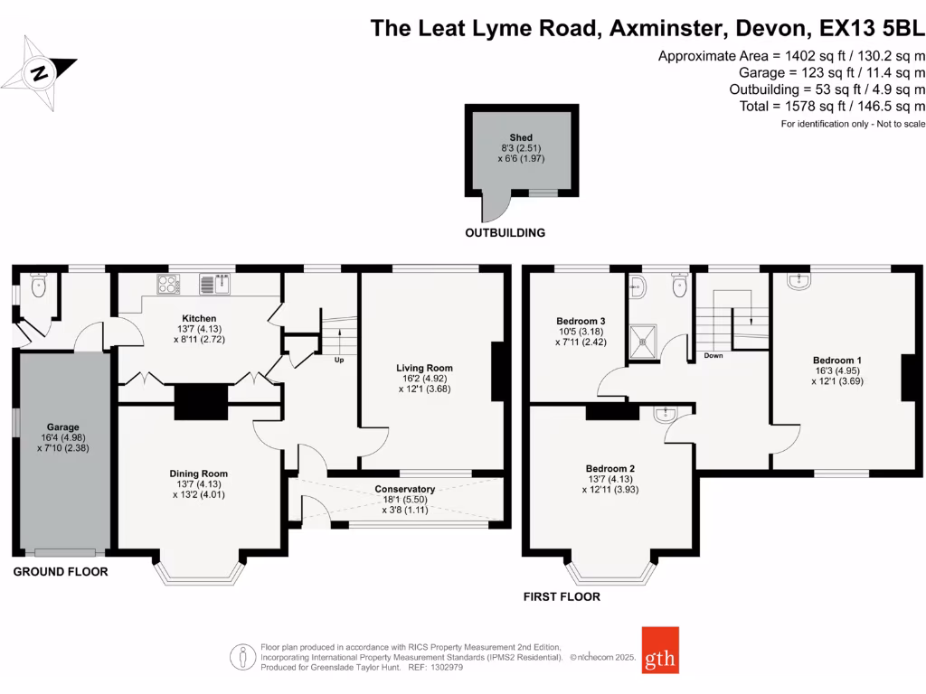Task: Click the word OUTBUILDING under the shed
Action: pyautogui.click(x=505, y=233)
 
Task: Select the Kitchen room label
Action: pyautogui.click(x=199, y=319)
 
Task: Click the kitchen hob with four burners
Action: pyautogui.click(x=168, y=285)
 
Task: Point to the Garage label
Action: pyautogui.click(x=63, y=427)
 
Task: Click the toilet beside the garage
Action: pyautogui.click(x=37, y=286)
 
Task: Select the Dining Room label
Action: pyautogui.click(x=199, y=474)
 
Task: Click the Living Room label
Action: pyautogui.click(x=424, y=368)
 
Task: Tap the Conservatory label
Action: pyautogui.click(x=405, y=489)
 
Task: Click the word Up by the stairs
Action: pyautogui.click(x=340, y=359)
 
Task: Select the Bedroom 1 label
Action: pyautogui.click(x=836, y=361)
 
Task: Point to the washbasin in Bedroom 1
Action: pyautogui.click(x=799, y=282)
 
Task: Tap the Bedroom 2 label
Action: pyautogui.click(x=609, y=469)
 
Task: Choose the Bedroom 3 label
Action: pyautogui.click(x=581, y=321)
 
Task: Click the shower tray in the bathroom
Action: pyautogui.click(x=648, y=341)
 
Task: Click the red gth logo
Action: pyautogui.click(x=660, y=651)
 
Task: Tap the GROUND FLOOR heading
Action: pyautogui.click(x=60, y=572)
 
